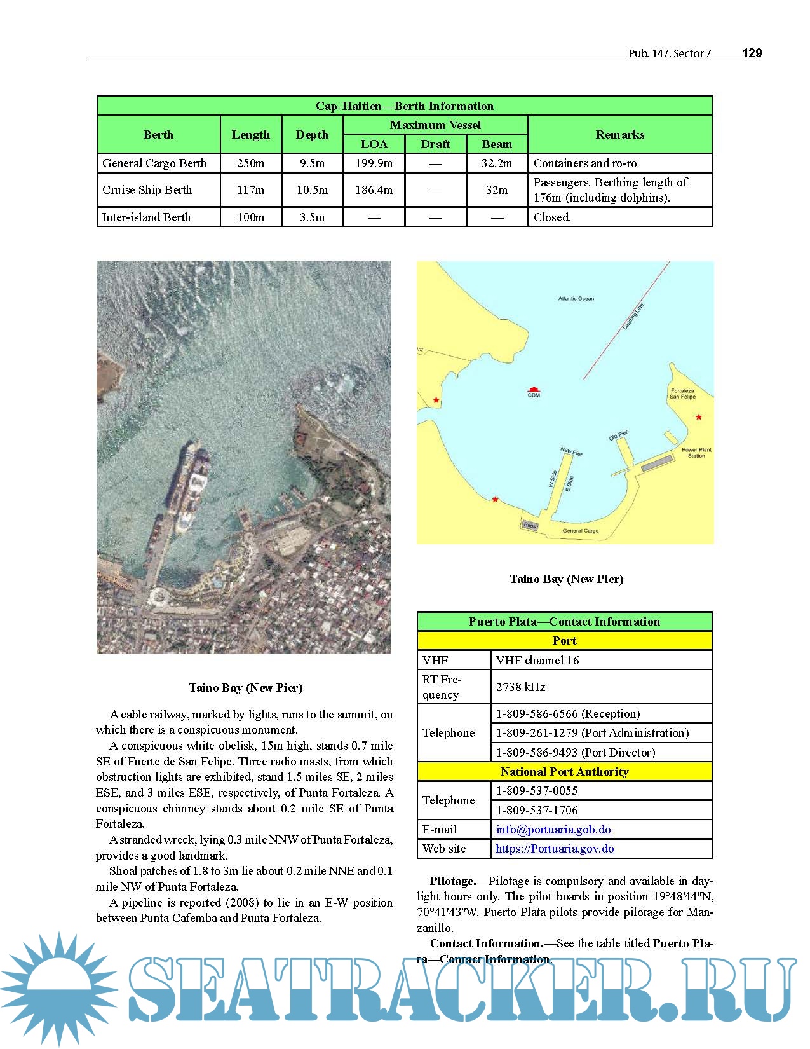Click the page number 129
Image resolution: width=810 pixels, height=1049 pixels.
[x=752, y=53]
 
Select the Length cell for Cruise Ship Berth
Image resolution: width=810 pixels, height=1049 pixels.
[x=250, y=190]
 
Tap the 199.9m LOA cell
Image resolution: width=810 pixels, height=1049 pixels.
[x=374, y=163]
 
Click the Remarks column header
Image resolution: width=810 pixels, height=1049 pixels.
[x=620, y=135]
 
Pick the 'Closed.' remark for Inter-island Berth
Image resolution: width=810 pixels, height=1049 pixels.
[x=552, y=217]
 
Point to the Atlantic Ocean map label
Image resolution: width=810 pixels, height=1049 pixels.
[x=576, y=298]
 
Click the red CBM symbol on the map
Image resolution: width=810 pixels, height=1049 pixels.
[x=534, y=389]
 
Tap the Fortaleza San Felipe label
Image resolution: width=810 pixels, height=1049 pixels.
[x=682, y=394]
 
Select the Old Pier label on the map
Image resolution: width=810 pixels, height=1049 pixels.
[x=618, y=435]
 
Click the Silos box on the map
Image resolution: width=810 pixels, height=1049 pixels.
[x=530, y=525]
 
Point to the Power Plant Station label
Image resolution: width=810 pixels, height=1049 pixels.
[x=696, y=453]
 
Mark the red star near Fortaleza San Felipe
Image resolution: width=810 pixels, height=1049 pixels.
[x=699, y=417]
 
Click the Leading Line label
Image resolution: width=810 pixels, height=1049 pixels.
[x=633, y=317]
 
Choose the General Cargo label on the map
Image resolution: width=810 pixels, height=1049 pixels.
[x=580, y=531]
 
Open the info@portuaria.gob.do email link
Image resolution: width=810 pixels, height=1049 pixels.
[x=553, y=830]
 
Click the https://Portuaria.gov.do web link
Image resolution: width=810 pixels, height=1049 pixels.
[x=555, y=849]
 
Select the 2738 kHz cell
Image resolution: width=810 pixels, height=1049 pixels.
[x=520, y=687]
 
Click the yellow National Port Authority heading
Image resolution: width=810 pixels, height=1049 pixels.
[x=564, y=772]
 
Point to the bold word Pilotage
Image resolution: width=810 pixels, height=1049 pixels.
[x=452, y=881]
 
